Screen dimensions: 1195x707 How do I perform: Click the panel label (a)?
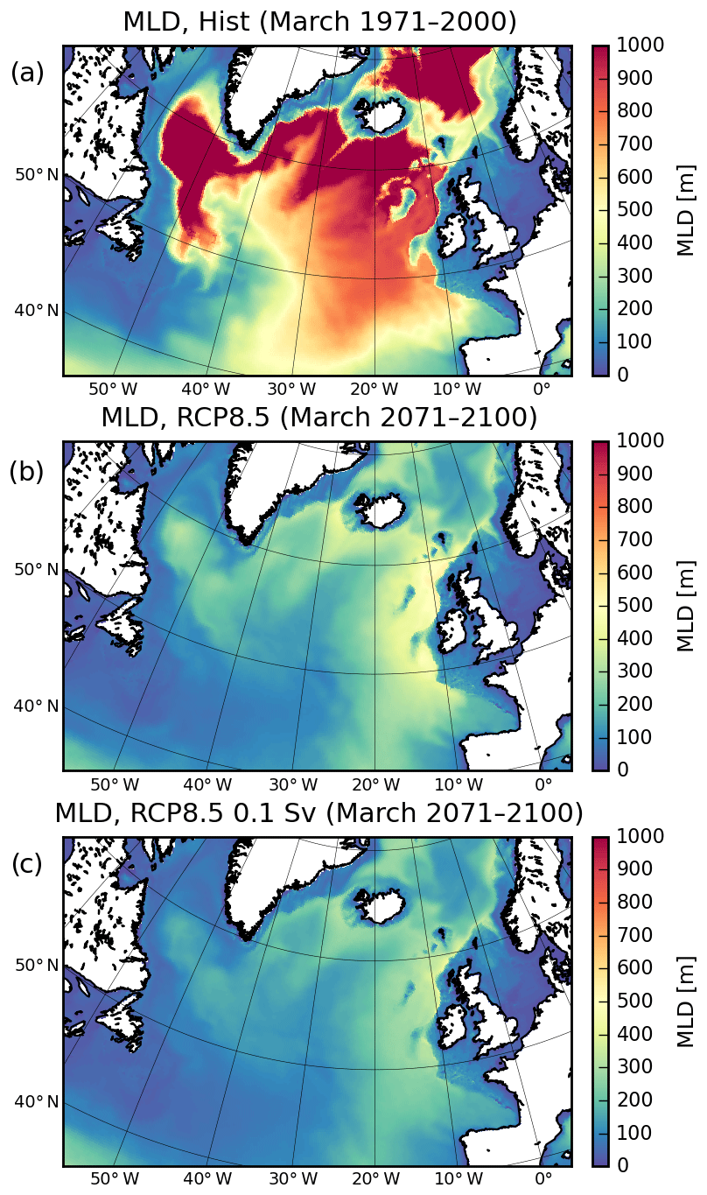[x=27, y=74]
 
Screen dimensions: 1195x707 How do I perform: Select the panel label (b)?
[x=27, y=472]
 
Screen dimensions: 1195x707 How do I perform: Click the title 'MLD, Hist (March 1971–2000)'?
[x=319, y=21]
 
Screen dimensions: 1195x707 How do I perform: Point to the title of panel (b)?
[x=319, y=417]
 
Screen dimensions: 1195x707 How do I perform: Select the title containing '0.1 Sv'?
[x=319, y=812]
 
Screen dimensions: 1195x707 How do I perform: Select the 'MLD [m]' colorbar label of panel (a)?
[x=687, y=209]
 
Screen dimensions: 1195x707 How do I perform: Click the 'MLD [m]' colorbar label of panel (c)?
[x=687, y=1000]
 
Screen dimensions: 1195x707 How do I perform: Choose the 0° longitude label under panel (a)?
[x=542, y=388]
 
